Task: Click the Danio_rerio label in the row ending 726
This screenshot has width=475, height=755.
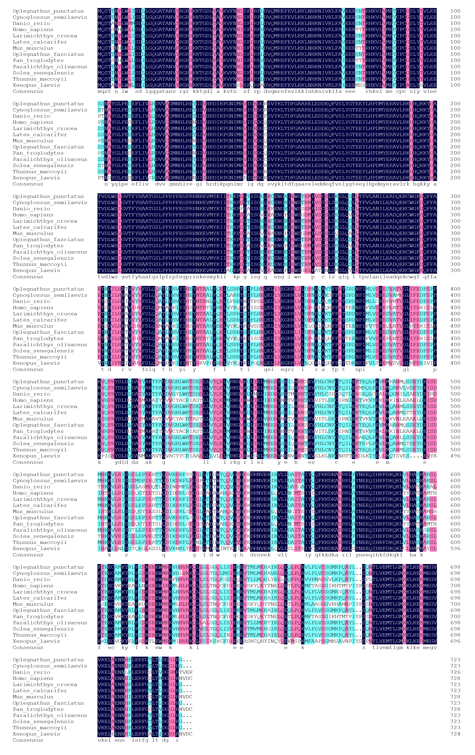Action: point(31,672)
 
